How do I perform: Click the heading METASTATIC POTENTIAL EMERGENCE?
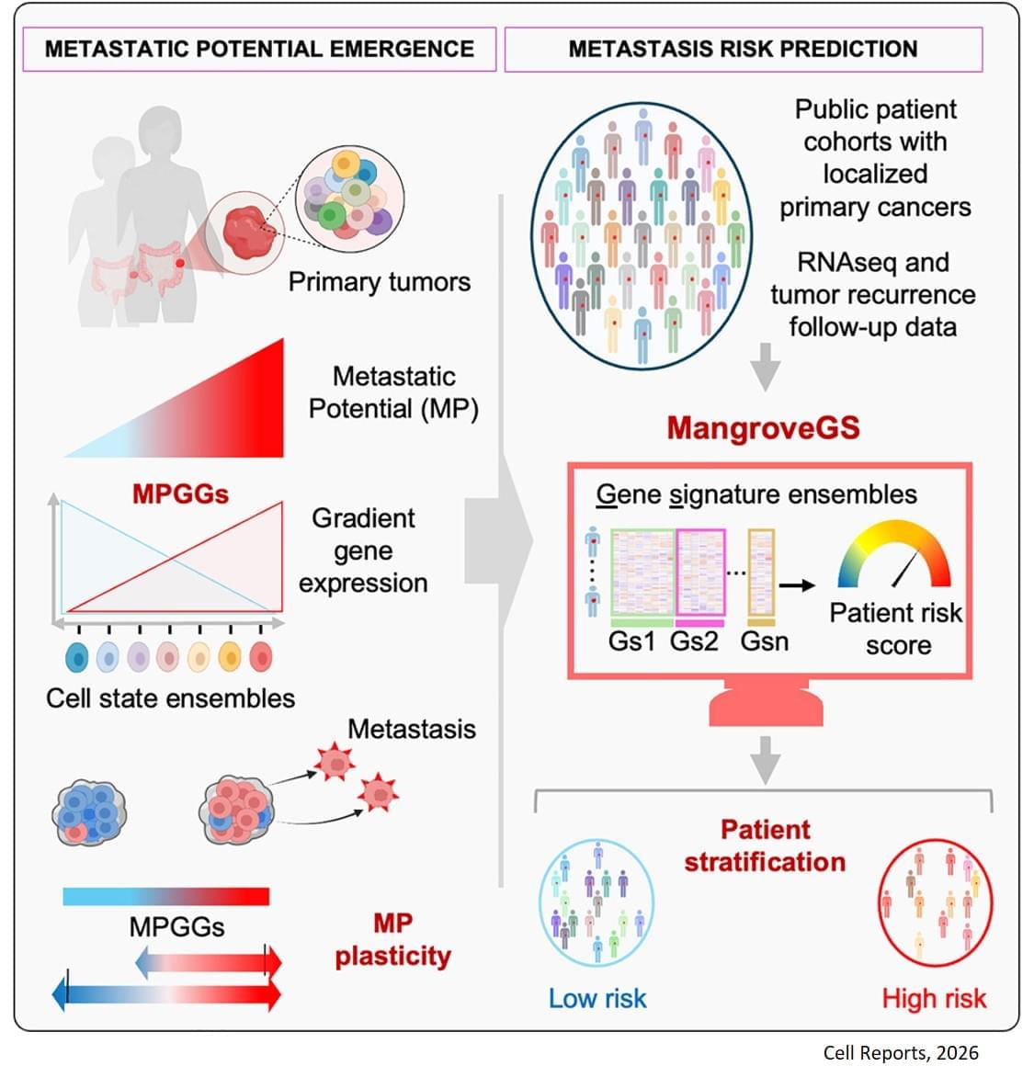point(259,49)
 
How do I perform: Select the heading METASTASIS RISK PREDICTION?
point(743,49)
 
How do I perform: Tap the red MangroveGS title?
point(763,427)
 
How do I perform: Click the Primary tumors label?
point(379,281)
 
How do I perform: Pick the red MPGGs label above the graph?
point(180,493)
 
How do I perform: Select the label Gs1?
point(631,641)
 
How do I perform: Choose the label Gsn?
point(764,641)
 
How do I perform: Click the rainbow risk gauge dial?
point(893,556)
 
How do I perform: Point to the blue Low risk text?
point(597,998)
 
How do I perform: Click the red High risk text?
point(934,998)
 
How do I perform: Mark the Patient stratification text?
point(765,845)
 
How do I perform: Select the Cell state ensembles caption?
point(171,698)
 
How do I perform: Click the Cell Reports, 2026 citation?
point(901,1053)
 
